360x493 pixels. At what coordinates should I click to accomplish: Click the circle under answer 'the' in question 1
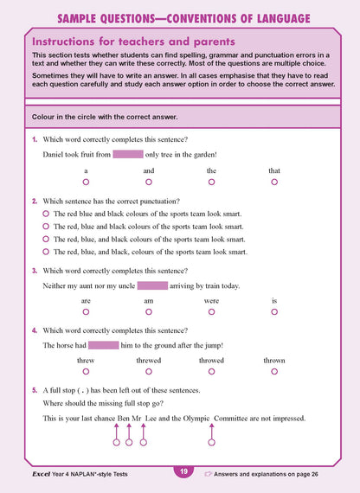tap(211, 182)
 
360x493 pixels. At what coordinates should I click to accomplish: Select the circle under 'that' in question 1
tap(274, 182)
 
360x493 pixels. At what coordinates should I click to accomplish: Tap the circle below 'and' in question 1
tap(149, 182)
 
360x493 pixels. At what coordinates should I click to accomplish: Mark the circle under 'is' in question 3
tap(274, 313)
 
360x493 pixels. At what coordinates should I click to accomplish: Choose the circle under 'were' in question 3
tap(211, 313)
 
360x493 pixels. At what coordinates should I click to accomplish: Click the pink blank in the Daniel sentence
tap(127, 155)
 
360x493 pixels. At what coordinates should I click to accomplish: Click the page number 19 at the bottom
tap(183, 471)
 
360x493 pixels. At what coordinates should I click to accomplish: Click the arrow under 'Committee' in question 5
tap(211, 439)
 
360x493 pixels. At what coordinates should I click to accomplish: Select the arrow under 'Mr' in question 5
tap(143, 439)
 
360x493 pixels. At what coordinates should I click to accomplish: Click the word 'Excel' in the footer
tap(33, 474)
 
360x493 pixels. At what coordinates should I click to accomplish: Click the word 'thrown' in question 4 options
tap(274, 360)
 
